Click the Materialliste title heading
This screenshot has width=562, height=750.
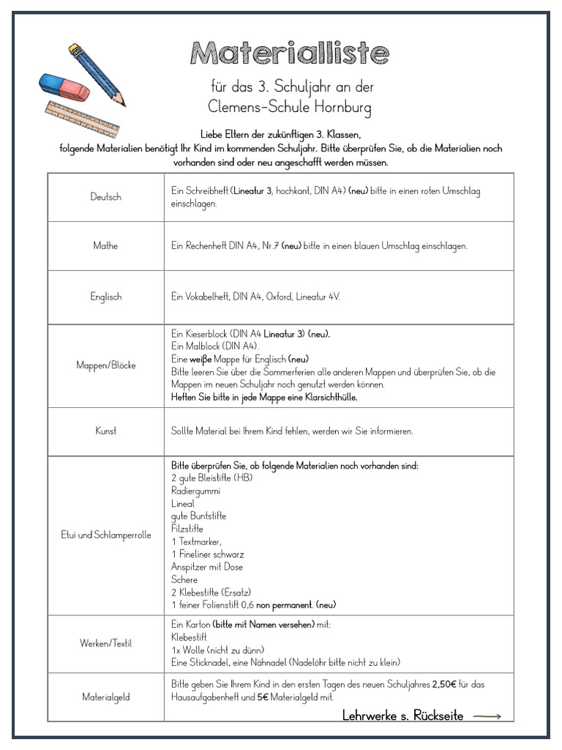click(x=290, y=53)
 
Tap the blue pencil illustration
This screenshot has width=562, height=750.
click(x=97, y=74)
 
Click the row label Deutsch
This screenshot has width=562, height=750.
click(x=106, y=197)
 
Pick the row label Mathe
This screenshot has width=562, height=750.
click(x=106, y=246)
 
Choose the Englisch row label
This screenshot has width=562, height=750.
click(x=106, y=297)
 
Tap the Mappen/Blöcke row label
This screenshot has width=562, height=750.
click(x=106, y=365)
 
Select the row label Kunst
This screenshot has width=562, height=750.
click(x=106, y=431)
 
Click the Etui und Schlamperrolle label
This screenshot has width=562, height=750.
click(x=106, y=535)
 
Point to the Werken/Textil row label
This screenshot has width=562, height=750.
click(x=106, y=643)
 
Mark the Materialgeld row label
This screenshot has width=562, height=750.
click(x=106, y=697)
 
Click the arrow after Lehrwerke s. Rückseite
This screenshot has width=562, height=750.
click(x=487, y=716)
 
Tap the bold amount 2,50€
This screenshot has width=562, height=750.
click(x=446, y=684)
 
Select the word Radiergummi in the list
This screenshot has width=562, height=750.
click(x=195, y=491)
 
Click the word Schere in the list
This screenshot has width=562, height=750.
click(x=184, y=579)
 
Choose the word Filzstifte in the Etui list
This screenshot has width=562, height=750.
click(x=187, y=529)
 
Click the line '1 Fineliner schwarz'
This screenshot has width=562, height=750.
click(x=208, y=554)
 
